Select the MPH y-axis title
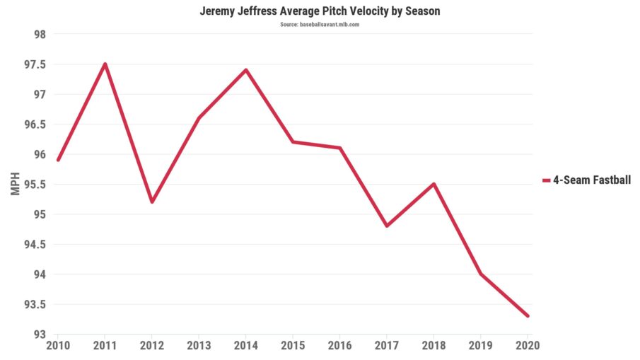tap(16, 185)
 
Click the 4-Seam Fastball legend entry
tap(586, 180)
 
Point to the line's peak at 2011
tap(105, 64)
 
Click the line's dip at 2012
tap(152, 202)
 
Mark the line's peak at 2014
tap(246, 70)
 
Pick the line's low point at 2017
tap(387, 226)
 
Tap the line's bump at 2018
tap(434, 184)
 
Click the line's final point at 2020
tap(528, 316)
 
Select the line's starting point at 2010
tap(58, 160)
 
